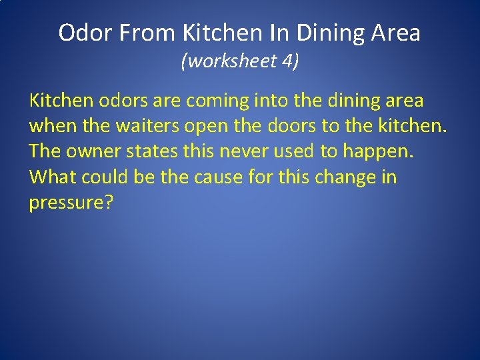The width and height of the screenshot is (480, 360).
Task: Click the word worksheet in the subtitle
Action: tap(229, 62)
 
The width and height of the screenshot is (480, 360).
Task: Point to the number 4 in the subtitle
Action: tap(287, 62)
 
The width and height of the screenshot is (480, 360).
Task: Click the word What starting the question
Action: tap(53, 177)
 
